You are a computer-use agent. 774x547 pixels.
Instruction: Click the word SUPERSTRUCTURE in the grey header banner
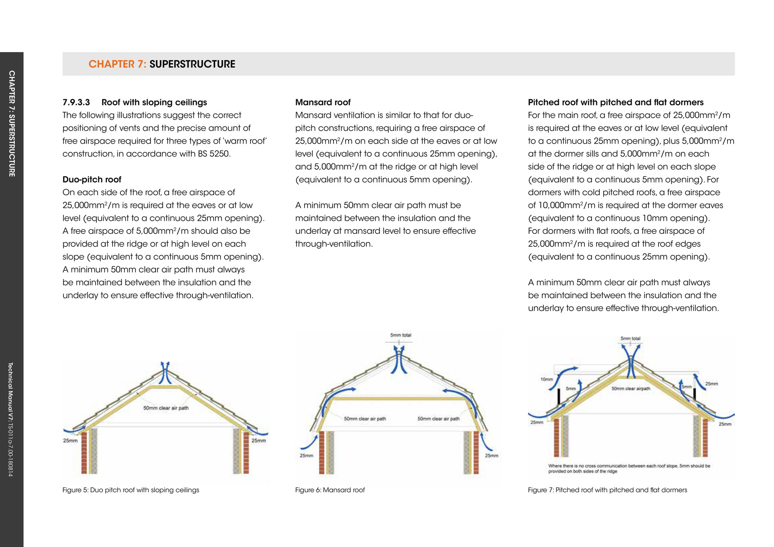point(192,64)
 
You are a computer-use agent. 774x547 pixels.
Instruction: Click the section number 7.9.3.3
point(76,102)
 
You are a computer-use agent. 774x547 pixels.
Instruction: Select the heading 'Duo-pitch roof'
point(92,180)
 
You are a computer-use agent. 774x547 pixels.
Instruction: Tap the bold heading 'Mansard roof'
point(323,102)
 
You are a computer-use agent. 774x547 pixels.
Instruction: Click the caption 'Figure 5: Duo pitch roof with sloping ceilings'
point(131,490)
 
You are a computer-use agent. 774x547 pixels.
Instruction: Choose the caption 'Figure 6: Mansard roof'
point(330,490)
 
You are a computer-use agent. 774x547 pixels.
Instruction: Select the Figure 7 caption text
point(607,490)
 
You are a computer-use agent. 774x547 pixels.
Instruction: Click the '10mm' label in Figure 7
point(547,379)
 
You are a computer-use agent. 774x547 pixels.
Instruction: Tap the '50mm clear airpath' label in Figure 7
point(630,389)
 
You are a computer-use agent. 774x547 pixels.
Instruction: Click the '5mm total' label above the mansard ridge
point(401,335)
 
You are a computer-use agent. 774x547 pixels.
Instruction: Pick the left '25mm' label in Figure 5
point(70,440)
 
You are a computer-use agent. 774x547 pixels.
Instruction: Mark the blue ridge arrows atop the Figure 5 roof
point(165,372)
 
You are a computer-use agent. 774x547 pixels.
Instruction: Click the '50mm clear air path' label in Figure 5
point(166,408)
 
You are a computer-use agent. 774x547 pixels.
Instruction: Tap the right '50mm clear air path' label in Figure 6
point(438,418)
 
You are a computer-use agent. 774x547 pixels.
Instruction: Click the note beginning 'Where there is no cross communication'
point(629,469)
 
